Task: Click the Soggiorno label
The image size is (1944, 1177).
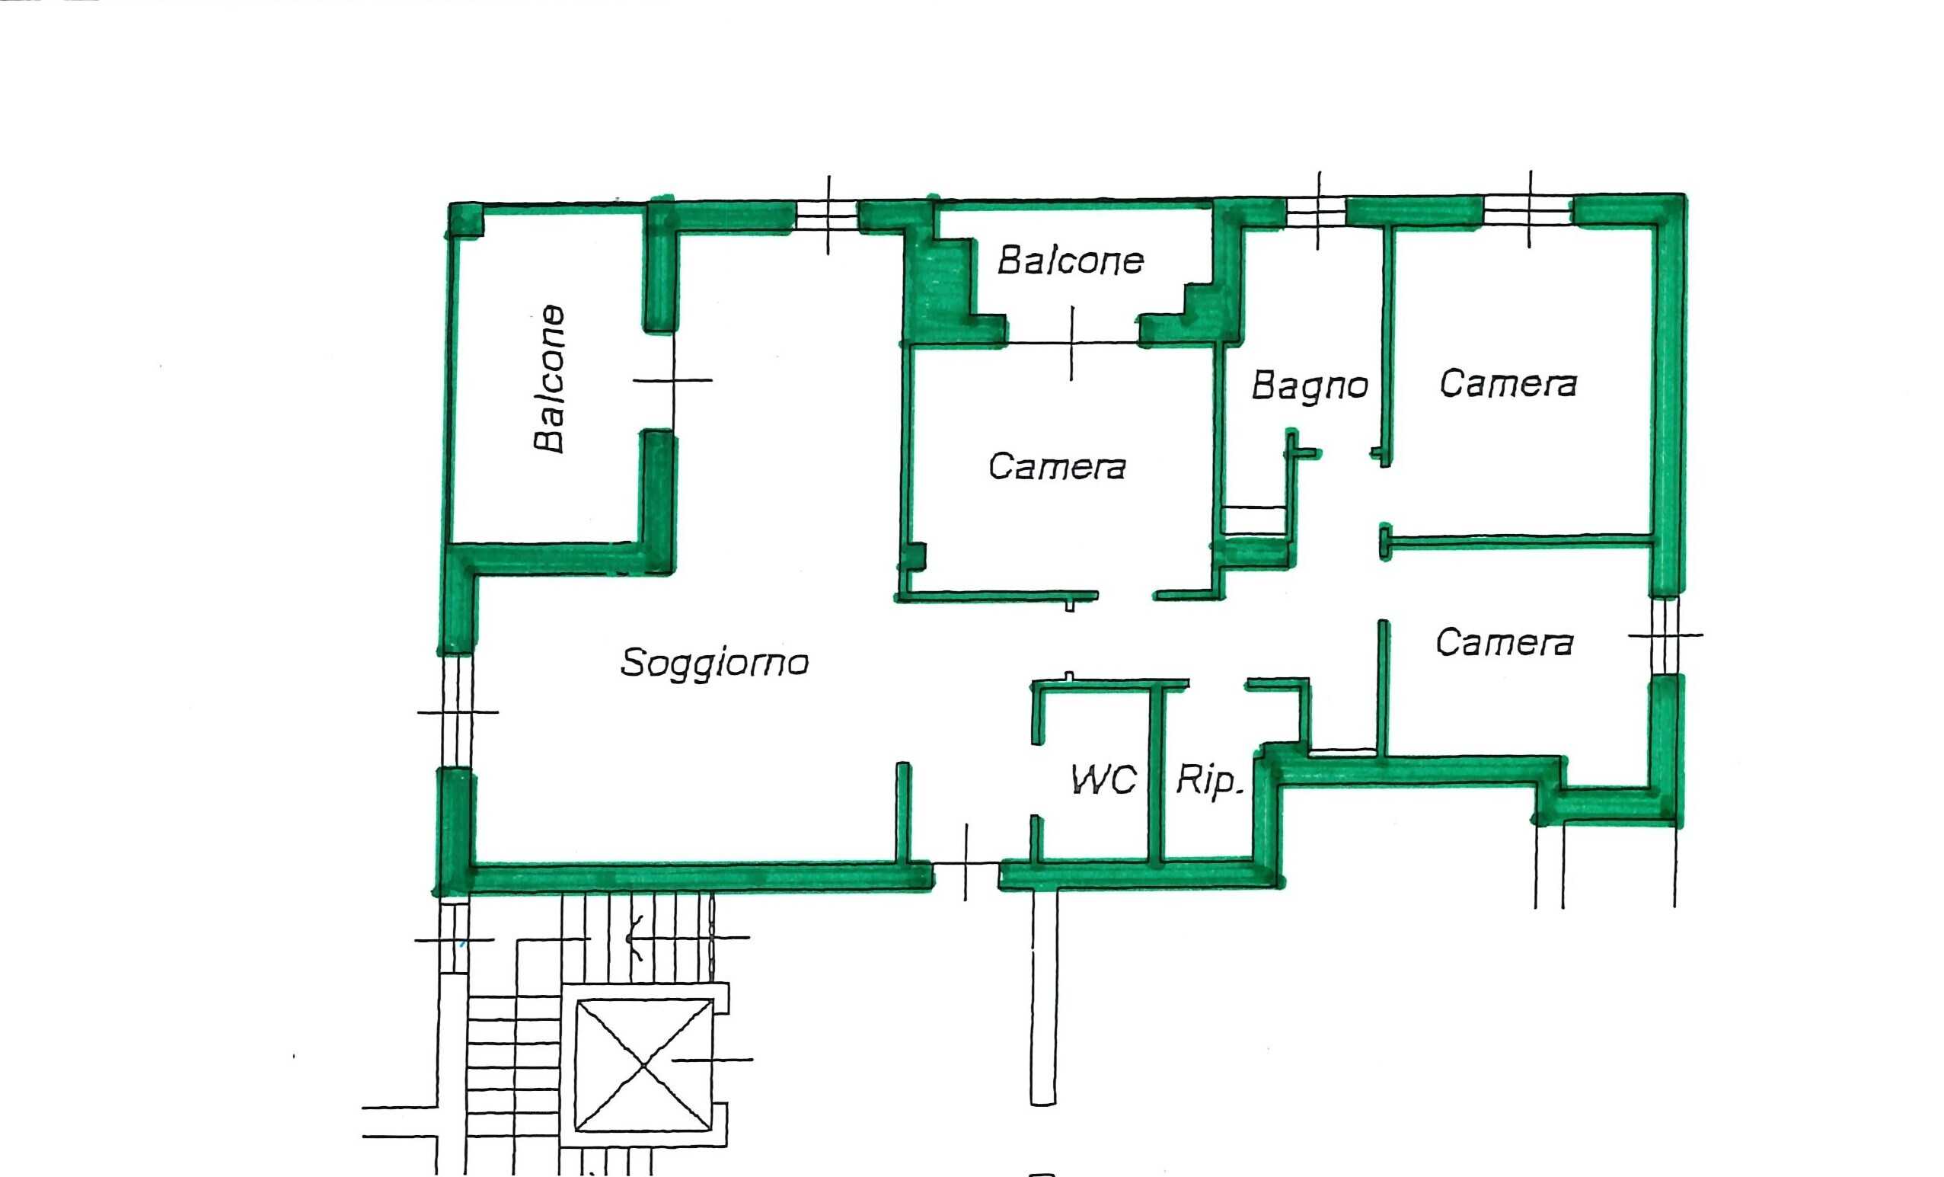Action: pyautogui.click(x=715, y=663)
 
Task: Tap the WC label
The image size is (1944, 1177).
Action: pyautogui.click(x=1104, y=780)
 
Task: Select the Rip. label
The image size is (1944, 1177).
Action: pyautogui.click(x=1208, y=781)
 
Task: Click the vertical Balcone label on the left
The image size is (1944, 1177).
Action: pyautogui.click(x=550, y=378)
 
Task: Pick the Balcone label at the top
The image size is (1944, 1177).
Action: pyautogui.click(x=1071, y=261)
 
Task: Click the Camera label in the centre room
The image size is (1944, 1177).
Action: pyautogui.click(x=1057, y=466)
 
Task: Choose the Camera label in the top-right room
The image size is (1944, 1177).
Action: pyautogui.click(x=1508, y=385)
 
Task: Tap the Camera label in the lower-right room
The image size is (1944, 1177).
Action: pyautogui.click(x=1505, y=642)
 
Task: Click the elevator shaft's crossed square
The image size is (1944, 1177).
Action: pyautogui.click(x=643, y=1065)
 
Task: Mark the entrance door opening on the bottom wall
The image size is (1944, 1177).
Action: pyautogui.click(x=966, y=874)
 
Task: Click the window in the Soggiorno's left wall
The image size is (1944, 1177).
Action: pyautogui.click(x=457, y=712)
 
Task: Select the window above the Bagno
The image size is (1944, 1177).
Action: pyautogui.click(x=1316, y=213)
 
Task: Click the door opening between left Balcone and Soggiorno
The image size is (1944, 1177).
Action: pyautogui.click(x=673, y=380)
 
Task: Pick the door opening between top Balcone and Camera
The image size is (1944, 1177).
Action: pyautogui.click(x=1071, y=343)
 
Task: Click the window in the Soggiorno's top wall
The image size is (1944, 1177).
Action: pyautogui.click(x=827, y=215)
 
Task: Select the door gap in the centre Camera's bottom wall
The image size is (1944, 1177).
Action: pyautogui.click(x=1126, y=596)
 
